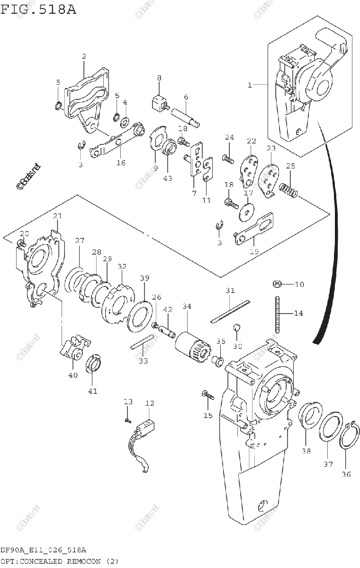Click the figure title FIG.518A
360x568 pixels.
coord(38,9)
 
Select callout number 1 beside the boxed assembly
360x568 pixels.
coord(249,85)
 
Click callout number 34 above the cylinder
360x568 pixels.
coord(187,307)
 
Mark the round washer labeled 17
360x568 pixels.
coord(247,211)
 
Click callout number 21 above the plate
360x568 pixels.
coord(57,216)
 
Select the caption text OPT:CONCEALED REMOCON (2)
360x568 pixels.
coord(59,561)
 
